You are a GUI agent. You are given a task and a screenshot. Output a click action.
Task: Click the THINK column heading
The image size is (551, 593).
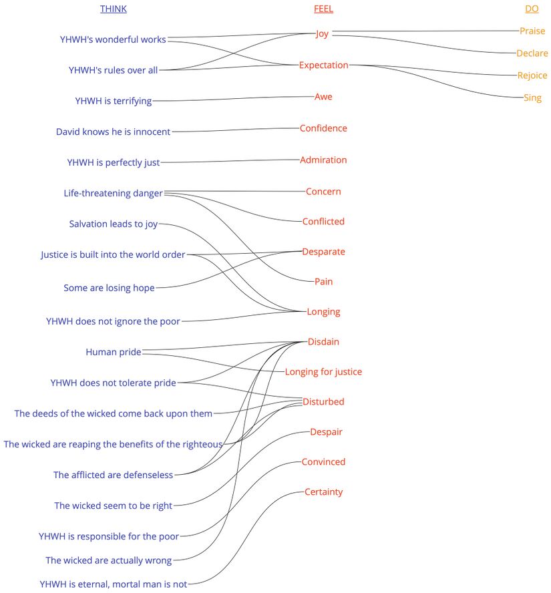[113, 9]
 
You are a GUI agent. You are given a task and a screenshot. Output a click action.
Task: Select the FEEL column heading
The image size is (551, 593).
[323, 9]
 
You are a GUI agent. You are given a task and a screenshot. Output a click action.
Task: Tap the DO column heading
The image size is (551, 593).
[532, 9]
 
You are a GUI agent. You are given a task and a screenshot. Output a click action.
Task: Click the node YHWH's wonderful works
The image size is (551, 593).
[113, 39]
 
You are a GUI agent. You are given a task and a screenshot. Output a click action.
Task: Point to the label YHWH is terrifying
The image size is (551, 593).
[114, 102]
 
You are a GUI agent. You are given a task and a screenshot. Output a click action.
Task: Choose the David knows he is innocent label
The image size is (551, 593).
[114, 132]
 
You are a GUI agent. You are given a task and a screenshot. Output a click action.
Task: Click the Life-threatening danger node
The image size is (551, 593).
[114, 194]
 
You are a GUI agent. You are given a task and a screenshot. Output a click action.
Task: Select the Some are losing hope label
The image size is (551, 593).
[110, 288]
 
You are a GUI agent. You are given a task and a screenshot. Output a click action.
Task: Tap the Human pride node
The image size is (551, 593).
[114, 352]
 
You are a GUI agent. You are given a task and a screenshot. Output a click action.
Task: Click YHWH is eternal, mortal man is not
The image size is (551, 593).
[114, 584]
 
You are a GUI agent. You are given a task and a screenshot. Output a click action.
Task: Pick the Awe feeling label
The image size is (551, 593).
[323, 97]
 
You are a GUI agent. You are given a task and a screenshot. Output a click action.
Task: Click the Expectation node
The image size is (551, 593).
[324, 65]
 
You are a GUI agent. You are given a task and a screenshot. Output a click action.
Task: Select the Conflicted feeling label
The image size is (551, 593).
[323, 222]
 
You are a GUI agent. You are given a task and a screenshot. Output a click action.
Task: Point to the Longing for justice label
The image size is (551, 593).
[323, 372]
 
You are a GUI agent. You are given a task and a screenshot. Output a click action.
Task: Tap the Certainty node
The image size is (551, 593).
[323, 492]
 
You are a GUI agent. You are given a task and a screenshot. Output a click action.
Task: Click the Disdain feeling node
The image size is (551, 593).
[323, 342]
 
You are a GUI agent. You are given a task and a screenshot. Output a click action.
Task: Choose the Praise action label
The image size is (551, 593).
[532, 31]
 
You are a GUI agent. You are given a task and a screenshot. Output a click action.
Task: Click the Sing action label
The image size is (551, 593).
[532, 98]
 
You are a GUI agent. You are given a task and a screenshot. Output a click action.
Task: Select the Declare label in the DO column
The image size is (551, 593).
[532, 53]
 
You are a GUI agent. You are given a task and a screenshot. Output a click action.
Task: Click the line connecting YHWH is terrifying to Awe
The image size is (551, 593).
[234, 99]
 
